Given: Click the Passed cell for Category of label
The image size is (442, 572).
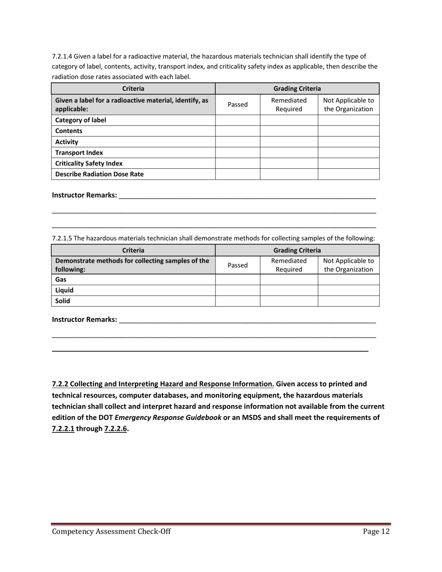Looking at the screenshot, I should (237, 120).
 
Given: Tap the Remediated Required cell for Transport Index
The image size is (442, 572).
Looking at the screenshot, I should (288, 153).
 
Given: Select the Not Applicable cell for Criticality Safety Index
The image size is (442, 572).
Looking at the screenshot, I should (348, 163).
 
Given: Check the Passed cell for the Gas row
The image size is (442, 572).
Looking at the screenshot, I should (237, 279).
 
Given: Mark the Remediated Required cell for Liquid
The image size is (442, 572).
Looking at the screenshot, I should (288, 290).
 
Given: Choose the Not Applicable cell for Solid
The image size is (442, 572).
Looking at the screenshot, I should (348, 301).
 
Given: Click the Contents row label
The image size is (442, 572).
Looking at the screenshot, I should (69, 131).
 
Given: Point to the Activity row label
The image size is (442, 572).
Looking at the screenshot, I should (67, 142).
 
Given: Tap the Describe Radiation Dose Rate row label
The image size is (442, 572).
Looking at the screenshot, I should (99, 174).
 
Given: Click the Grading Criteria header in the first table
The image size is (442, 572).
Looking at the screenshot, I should (297, 88).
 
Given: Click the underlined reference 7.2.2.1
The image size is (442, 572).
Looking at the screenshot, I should (63, 429).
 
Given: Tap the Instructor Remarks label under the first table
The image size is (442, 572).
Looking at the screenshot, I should (84, 195).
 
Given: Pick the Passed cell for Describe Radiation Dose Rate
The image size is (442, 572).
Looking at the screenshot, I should (237, 174).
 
